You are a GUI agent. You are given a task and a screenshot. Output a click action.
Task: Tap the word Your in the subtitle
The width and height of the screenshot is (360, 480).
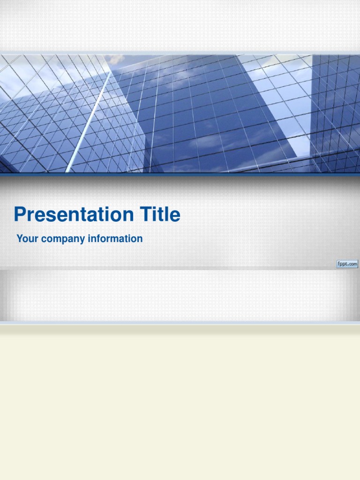click(27, 239)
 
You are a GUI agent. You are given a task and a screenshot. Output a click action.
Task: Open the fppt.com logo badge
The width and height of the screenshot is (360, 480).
click(347, 264)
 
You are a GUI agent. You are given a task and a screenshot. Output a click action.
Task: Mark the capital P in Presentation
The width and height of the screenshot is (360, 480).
click(19, 214)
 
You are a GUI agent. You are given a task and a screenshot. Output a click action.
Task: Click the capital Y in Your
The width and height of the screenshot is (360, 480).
click(20, 239)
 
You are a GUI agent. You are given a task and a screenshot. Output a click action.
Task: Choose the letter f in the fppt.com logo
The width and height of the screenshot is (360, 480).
click(338, 264)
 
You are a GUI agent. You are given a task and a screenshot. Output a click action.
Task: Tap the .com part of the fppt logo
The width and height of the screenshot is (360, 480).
click(352, 264)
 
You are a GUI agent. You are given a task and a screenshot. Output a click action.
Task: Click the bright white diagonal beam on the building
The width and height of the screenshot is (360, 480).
click(89, 122)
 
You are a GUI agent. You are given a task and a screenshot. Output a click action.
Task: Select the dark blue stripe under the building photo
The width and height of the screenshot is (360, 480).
click(180, 174)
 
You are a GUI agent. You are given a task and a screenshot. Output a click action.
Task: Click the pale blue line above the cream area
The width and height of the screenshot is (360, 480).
click(180, 322)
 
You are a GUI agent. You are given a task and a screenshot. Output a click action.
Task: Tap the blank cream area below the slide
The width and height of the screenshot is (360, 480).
click(180, 403)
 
